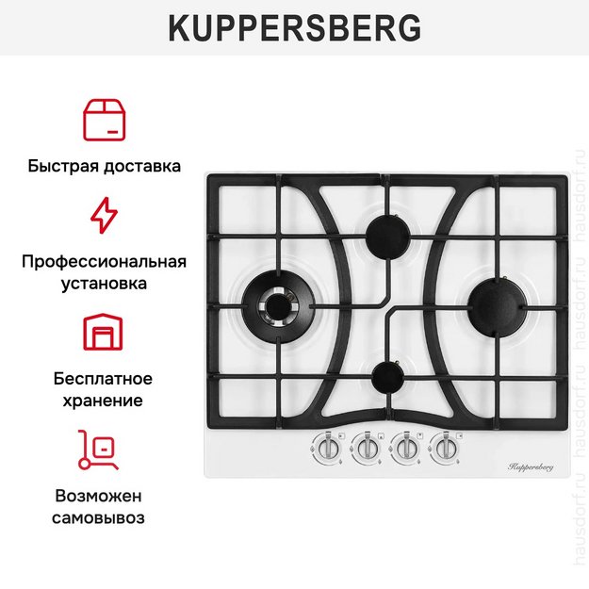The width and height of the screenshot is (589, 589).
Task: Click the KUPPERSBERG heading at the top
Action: pos(294,28)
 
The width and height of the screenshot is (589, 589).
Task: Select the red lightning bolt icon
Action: pos(104,215)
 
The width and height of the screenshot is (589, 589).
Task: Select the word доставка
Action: pos(142,167)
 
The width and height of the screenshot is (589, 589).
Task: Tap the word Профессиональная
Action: pos(104,261)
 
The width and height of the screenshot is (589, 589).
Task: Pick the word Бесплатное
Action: pos(104,379)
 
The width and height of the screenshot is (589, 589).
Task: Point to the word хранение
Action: pos(104,400)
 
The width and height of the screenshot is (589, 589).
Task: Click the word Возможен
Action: pos(104,496)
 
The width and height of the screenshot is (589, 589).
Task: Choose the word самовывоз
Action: pos(104,517)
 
